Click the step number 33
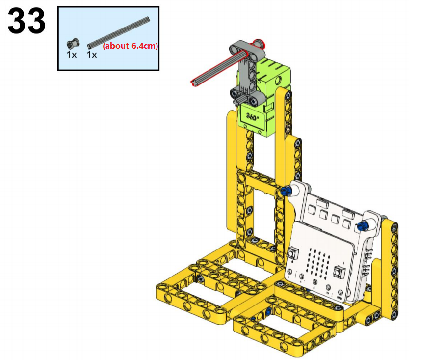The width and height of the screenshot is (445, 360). (x=26, y=21)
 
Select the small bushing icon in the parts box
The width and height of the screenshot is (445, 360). (x=73, y=44)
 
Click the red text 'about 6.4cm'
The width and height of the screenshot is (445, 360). (x=131, y=46)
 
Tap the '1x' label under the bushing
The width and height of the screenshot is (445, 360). (x=72, y=55)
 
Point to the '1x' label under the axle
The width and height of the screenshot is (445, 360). (x=92, y=55)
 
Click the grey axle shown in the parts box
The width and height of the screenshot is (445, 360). (x=118, y=32)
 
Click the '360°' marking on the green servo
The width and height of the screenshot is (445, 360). (x=252, y=116)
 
